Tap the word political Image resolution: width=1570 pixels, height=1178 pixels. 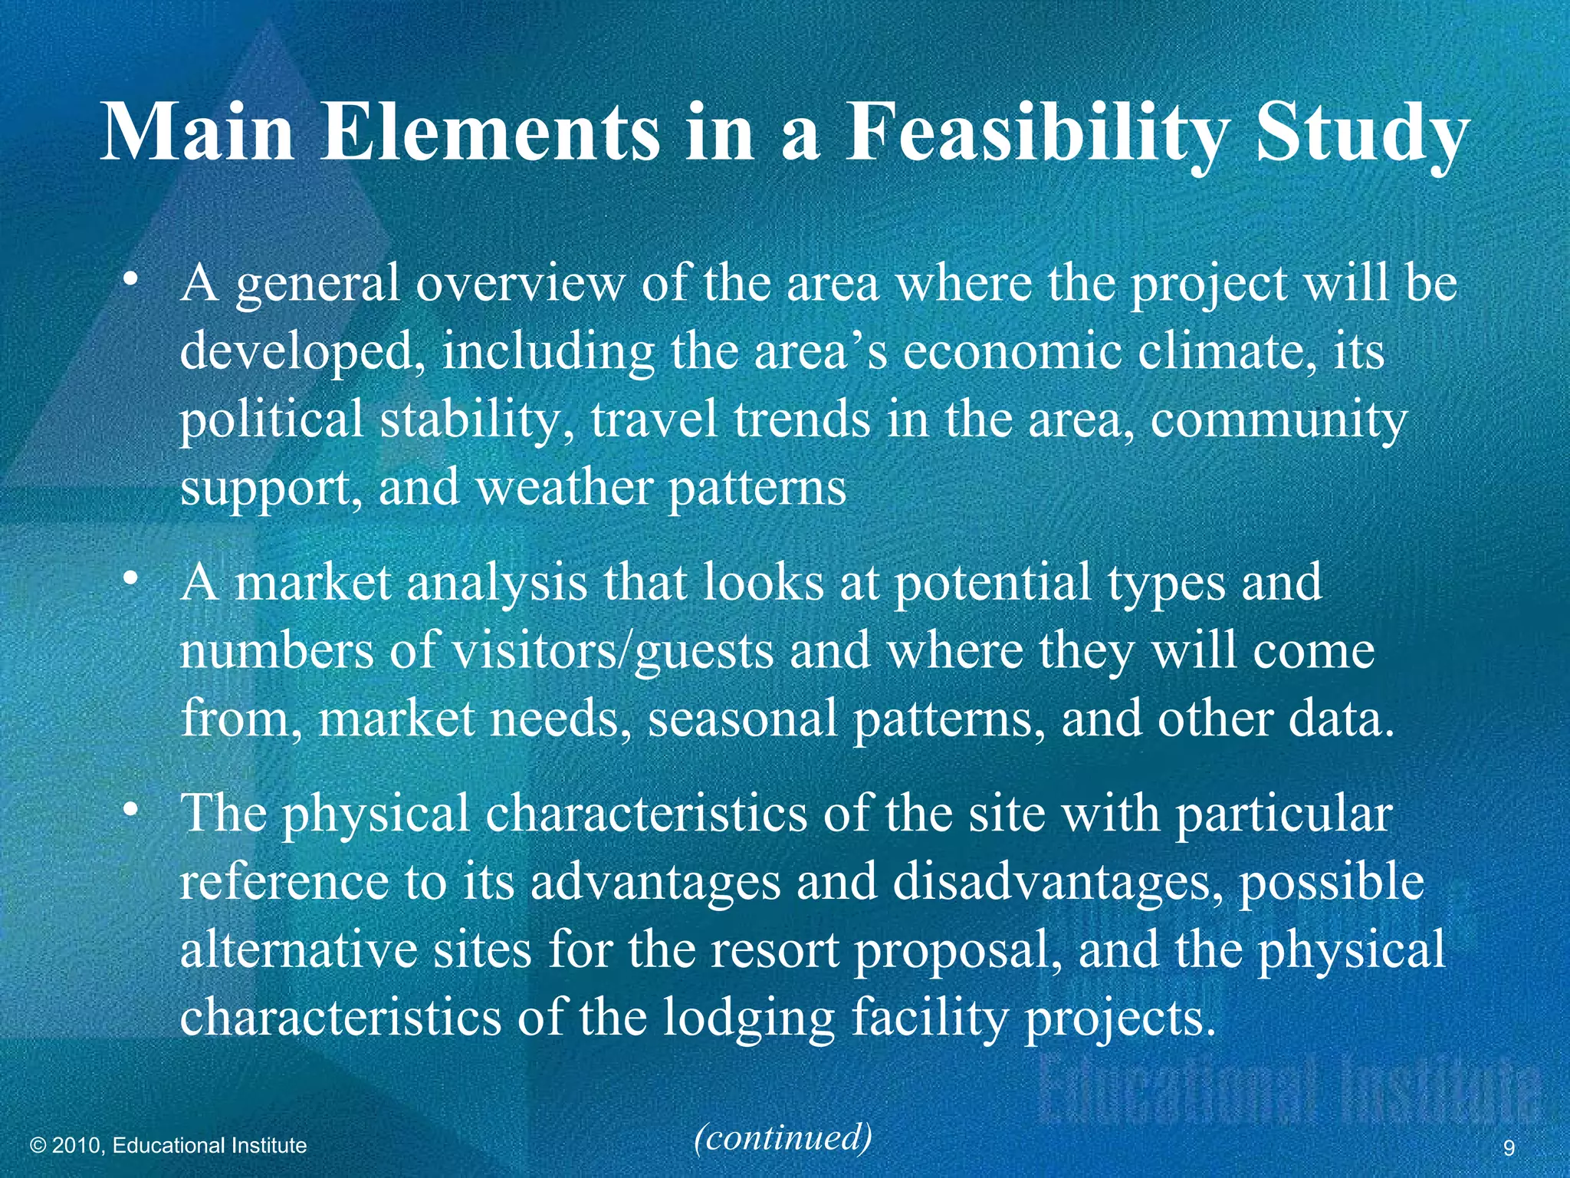[271, 420]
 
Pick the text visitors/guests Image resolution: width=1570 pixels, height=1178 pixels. [613, 651]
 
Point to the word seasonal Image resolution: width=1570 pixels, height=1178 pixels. [742, 719]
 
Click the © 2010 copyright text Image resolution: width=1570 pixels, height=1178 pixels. [168, 1146]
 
